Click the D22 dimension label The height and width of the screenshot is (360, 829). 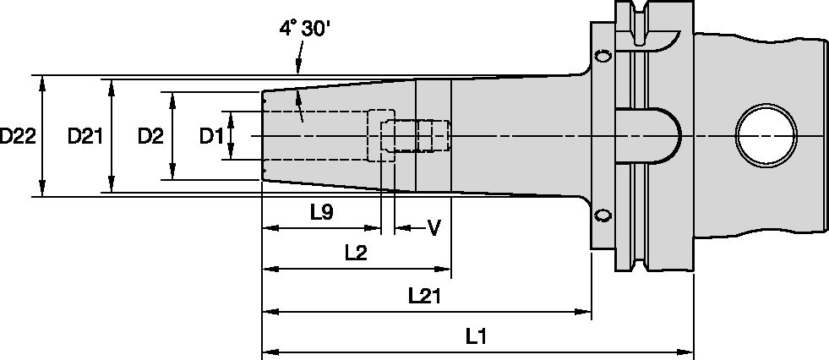pyautogui.click(x=18, y=136)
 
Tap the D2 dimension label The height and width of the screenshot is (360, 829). pyautogui.click(x=150, y=136)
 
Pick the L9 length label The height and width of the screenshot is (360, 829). pyautogui.click(x=320, y=213)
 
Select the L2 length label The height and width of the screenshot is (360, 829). pyautogui.click(x=355, y=252)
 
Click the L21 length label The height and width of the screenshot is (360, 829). pyautogui.click(x=425, y=295)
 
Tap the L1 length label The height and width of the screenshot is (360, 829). pyautogui.click(x=477, y=336)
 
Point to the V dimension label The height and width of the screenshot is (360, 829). pyautogui.click(x=434, y=227)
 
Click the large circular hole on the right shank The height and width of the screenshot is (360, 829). pyautogui.click(x=766, y=136)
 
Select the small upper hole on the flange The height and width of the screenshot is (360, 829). pyautogui.click(x=603, y=57)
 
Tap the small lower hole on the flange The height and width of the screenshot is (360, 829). pyautogui.click(x=603, y=215)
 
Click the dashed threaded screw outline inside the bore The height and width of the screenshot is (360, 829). pyautogui.click(x=415, y=136)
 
